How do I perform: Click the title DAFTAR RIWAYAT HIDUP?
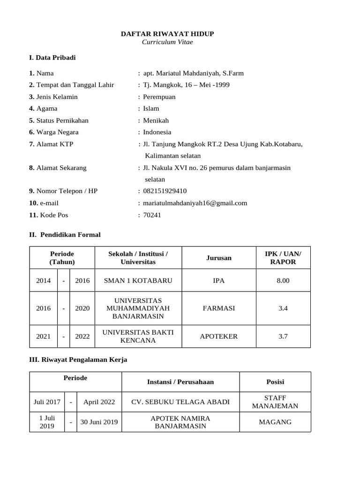pos(167,34)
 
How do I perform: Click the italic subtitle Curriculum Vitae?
pos(167,42)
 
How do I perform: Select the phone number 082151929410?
pos(165,191)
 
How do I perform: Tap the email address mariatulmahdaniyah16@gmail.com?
pos(195,203)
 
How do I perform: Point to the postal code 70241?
pos(152,215)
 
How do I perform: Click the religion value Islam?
pos(151,108)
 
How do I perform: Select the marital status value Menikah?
pos(156,120)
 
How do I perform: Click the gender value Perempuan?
pos(159,97)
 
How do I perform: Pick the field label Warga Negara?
pos(57,132)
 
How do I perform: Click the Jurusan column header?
pos(218,258)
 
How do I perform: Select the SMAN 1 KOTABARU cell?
pos(138,280)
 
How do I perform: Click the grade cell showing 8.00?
pos(283,280)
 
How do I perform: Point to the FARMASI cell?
pos(218,308)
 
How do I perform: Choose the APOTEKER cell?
pos(218,336)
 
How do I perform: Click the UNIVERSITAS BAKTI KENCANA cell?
pos(138,336)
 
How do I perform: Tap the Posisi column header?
pos(275,382)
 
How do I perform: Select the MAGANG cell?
pos(275,422)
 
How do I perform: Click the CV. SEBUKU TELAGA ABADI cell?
pos(180,402)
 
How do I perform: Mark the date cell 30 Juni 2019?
pos(99,422)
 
